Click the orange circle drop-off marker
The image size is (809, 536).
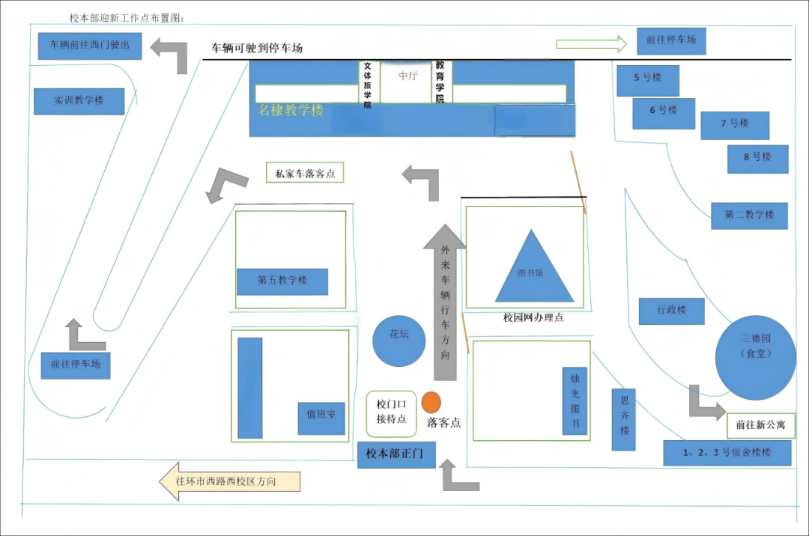(431, 403)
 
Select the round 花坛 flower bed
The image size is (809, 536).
(399, 341)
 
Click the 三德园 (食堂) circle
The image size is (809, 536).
(755, 358)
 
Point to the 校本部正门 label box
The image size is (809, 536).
(396, 454)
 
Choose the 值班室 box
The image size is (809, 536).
(321, 418)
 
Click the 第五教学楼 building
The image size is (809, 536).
(282, 281)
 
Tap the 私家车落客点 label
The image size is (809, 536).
(304, 173)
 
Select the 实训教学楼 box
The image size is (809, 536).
(79, 101)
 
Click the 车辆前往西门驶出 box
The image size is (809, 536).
(90, 46)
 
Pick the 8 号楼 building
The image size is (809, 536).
(757, 159)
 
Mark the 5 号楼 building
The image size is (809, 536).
(648, 80)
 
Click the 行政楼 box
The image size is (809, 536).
(672, 311)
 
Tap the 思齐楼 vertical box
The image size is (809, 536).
(624, 419)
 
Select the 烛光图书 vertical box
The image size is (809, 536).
(575, 401)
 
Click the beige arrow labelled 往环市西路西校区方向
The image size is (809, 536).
(229, 481)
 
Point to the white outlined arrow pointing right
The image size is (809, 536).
(591, 44)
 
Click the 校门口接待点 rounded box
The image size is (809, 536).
(391, 414)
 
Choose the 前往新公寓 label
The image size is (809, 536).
(760, 425)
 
